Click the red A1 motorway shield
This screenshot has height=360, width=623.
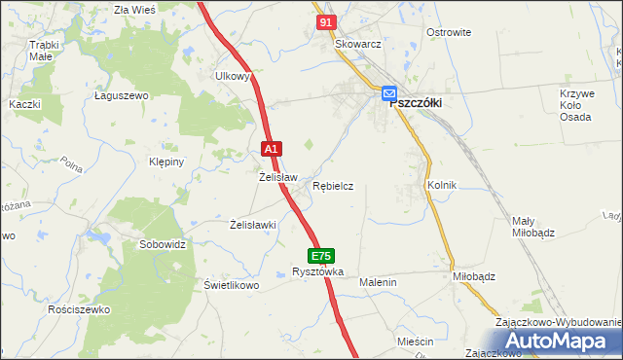click(x=273, y=149)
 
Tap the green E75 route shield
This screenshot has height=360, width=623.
click(x=322, y=256)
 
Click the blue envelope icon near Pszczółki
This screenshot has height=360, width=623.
click(x=388, y=93)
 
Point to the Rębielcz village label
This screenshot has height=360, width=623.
click(x=333, y=185)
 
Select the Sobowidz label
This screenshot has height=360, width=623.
click(x=163, y=244)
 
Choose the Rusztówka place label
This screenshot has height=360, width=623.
click(x=318, y=272)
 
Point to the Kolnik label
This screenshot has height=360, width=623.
click(x=442, y=184)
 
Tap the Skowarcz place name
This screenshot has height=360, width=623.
click(x=356, y=45)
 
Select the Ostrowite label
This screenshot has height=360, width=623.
click(x=449, y=32)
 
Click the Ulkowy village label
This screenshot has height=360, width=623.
click(x=234, y=75)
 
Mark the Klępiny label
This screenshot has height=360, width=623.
click(x=165, y=162)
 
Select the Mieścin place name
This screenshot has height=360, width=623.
click(x=415, y=342)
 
